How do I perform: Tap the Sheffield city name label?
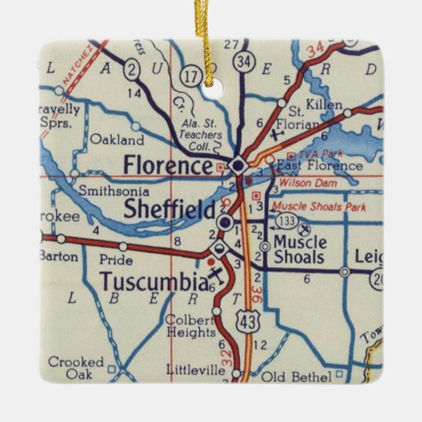pyautogui.click(x=169, y=210)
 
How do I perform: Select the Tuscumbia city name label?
pyautogui.click(x=153, y=281)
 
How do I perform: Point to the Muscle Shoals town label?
pyautogui.click(x=299, y=248)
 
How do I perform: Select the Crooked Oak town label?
pyautogui.click(x=75, y=368)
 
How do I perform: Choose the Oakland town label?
pyautogui.click(x=117, y=140)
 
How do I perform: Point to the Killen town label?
pyautogui.click(x=324, y=105)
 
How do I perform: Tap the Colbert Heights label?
pyautogui.click(x=191, y=326)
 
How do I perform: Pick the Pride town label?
pyautogui.click(x=116, y=260)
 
